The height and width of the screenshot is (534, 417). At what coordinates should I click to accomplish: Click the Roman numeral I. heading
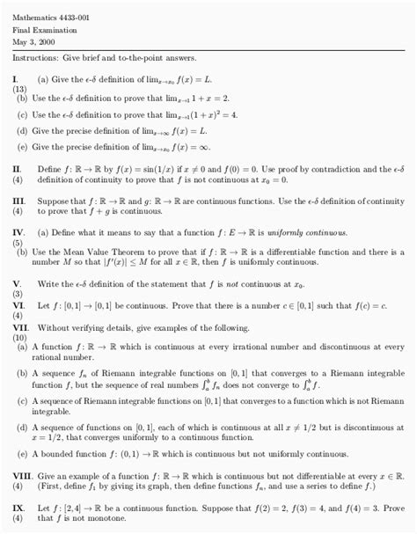16,79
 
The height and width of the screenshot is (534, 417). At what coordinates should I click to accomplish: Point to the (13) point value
19,89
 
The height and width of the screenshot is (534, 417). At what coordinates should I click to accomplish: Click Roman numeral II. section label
18,168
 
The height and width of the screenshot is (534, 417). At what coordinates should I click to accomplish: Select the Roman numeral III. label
18,201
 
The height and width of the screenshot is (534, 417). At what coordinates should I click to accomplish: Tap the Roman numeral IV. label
18,232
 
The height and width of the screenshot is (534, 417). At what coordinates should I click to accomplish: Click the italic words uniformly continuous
305,232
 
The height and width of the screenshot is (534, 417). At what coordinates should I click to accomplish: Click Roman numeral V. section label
17,284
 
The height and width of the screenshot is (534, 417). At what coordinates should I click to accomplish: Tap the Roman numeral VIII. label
22,475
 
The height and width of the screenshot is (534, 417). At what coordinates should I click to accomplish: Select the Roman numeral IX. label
18,508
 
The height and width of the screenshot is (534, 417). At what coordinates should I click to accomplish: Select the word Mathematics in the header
33,17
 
